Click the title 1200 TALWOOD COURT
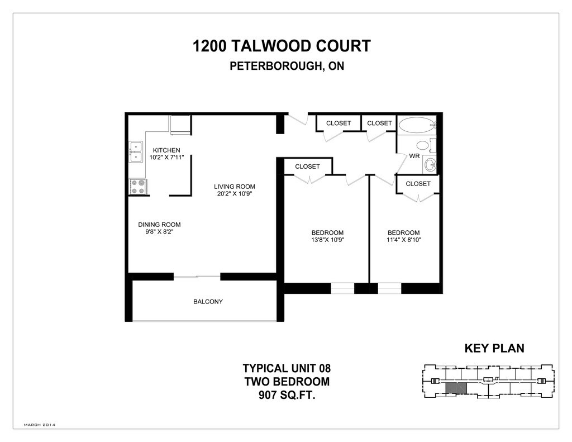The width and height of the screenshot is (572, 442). tap(282, 46)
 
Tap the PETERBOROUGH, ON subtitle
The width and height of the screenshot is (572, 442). tap(287, 66)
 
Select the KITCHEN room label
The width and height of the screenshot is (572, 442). tap(166, 150)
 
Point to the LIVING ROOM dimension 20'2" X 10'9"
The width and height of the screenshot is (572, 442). tap(235, 194)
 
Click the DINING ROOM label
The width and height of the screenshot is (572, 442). tap(159, 225)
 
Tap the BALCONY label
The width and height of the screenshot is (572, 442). tap(208, 302)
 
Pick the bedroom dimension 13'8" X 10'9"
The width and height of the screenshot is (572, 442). tap(327, 240)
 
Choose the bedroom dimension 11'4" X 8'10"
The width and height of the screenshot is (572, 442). tap(404, 240)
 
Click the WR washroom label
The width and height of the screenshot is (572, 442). tap(414, 156)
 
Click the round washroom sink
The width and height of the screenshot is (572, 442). tap(430, 164)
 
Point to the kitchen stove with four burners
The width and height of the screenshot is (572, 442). tap(137, 187)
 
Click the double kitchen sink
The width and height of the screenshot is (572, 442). tap(136, 151)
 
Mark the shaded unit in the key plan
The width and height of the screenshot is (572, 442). tap(456, 388)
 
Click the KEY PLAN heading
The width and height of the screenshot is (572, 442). tap(494, 349)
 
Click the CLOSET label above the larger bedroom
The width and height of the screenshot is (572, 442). tap(307, 167)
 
